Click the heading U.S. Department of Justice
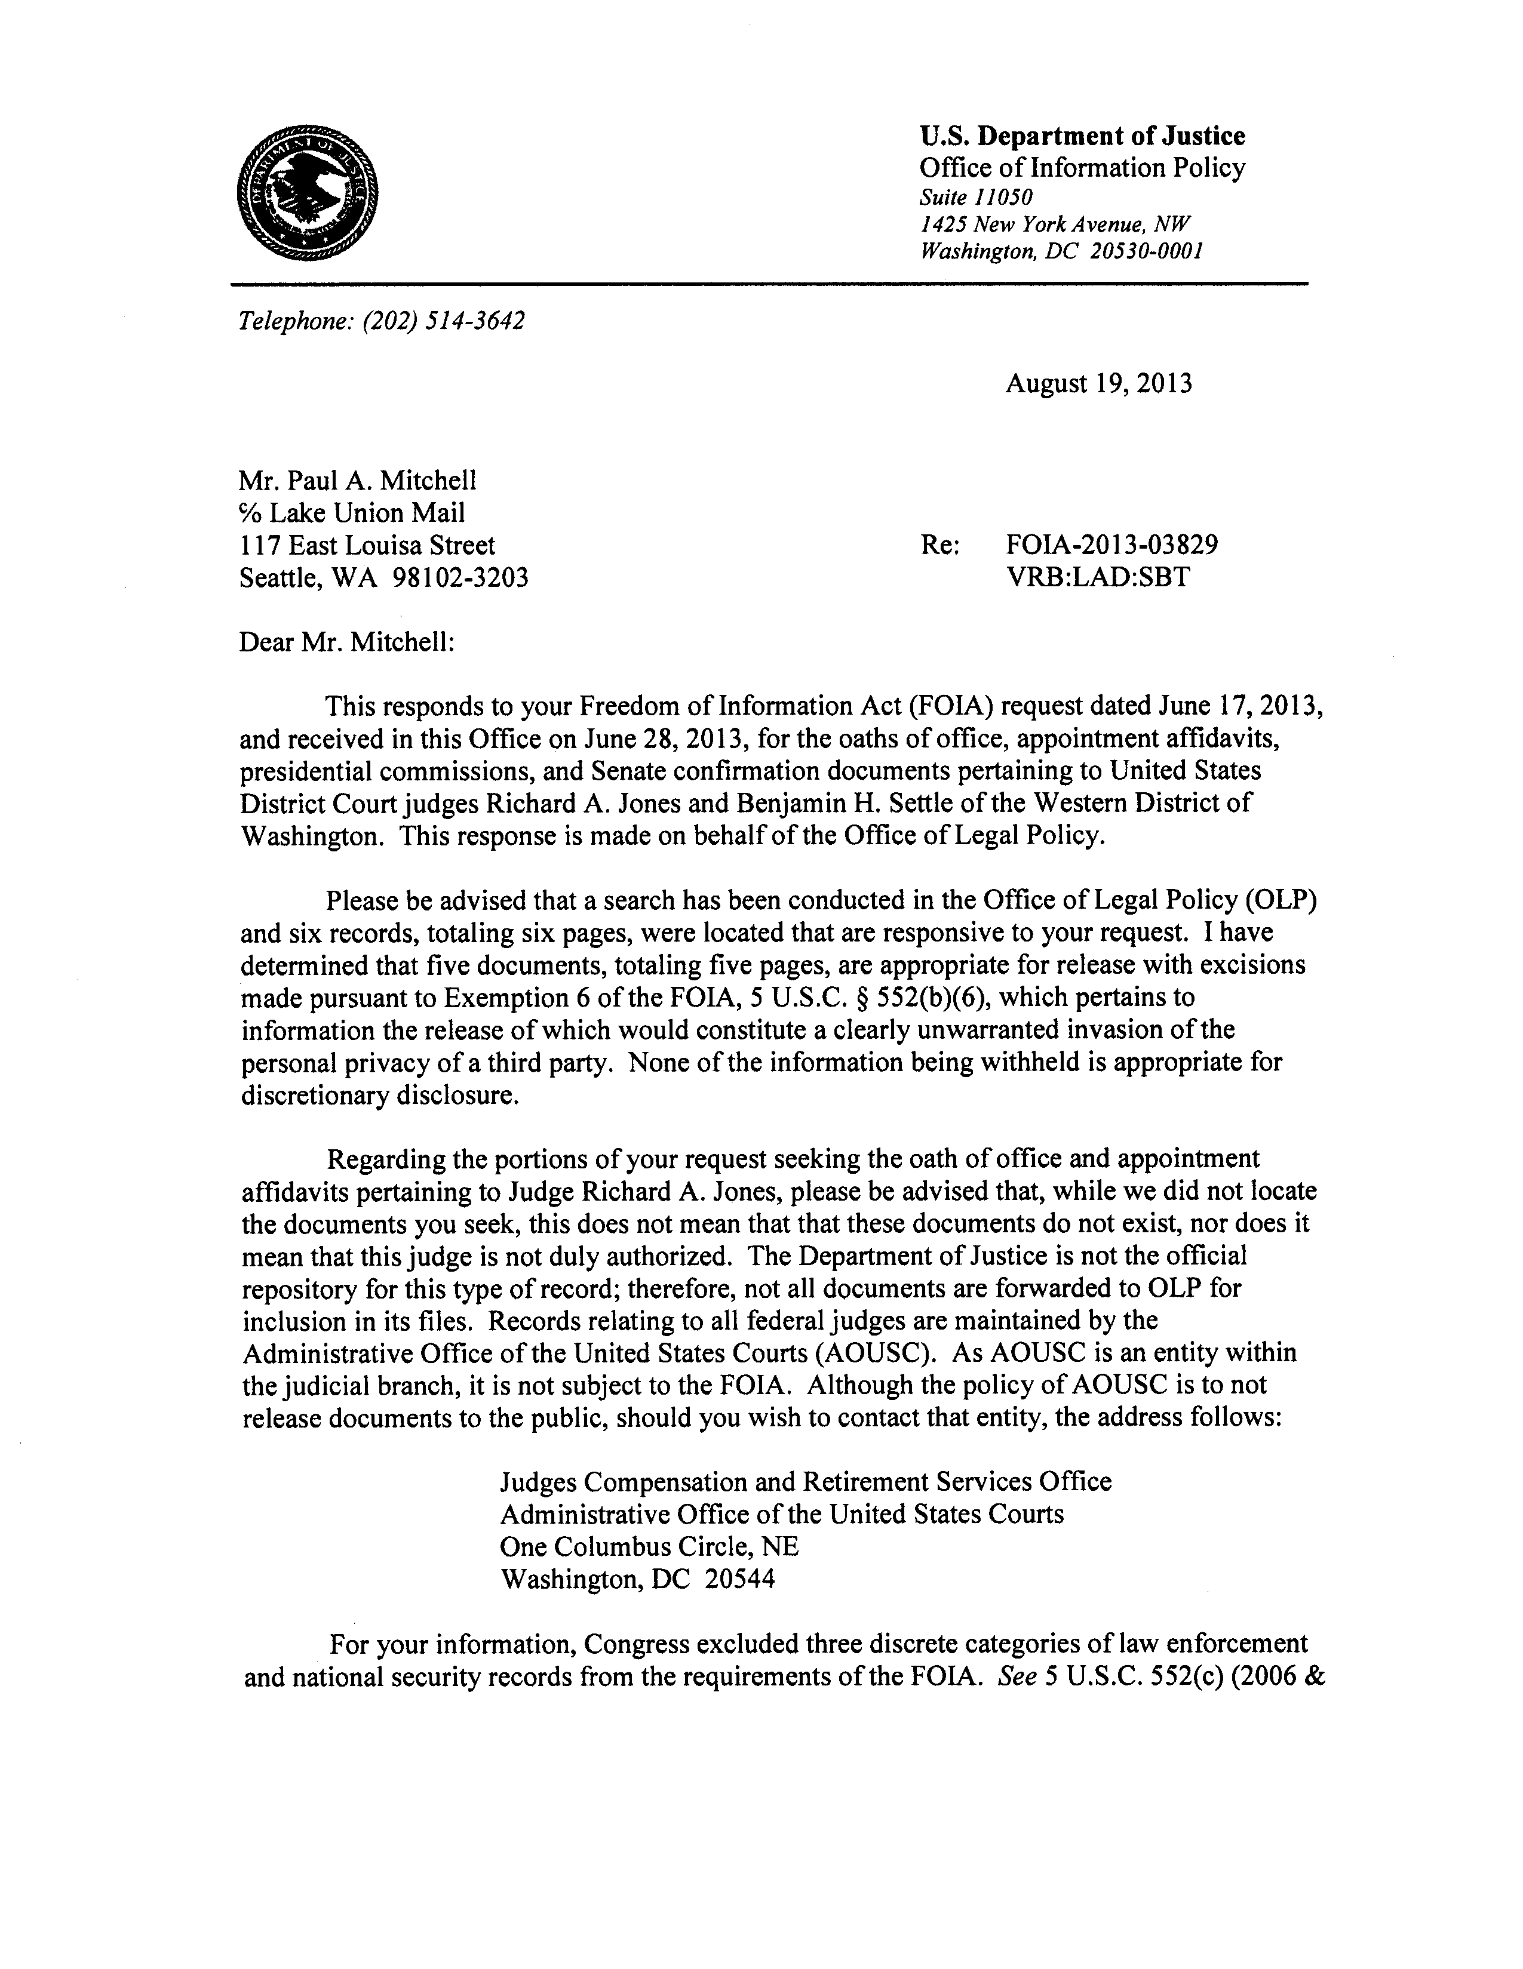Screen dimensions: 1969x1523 click(x=1082, y=136)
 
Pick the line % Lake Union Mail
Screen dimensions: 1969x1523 click(x=352, y=513)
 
